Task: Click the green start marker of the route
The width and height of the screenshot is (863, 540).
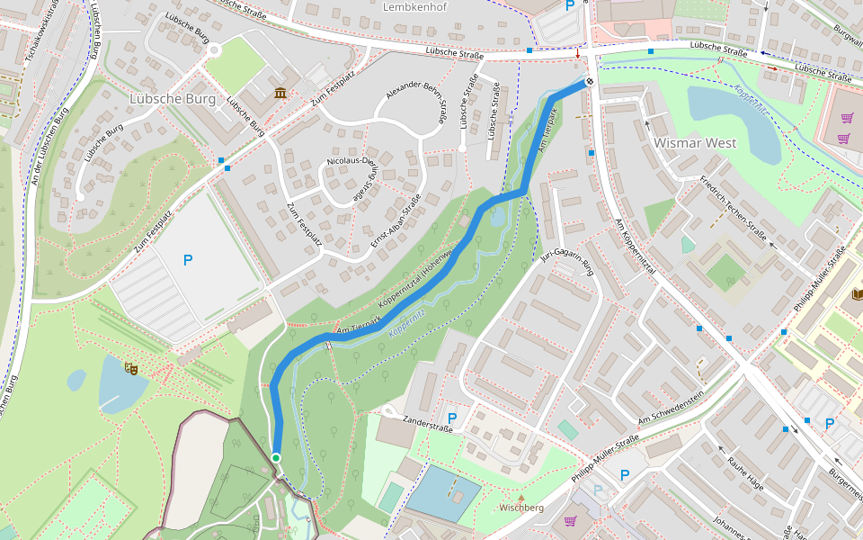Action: coord(276,458)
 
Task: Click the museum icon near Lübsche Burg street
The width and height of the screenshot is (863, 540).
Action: coord(281,93)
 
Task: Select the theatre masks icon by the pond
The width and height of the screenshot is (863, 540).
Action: coord(132,367)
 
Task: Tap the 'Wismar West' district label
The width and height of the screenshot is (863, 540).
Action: coord(695,143)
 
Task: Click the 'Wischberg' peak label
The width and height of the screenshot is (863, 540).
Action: coord(521,508)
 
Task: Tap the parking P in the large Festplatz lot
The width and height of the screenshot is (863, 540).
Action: coord(187,261)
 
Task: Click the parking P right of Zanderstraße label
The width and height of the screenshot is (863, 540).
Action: coord(451,418)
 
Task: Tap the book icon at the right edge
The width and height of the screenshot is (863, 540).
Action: coord(857,293)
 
